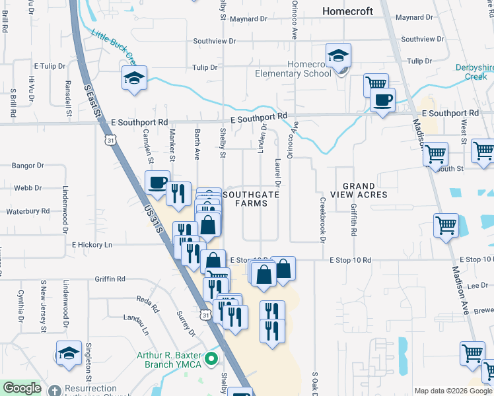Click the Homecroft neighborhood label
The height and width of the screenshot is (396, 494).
click(x=347, y=11)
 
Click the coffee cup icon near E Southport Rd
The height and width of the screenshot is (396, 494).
click(x=382, y=101)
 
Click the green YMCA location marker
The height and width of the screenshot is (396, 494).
click(x=211, y=359)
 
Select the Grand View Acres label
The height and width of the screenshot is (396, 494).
click(x=358, y=190)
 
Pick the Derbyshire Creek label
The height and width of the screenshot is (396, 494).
click(x=474, y=72)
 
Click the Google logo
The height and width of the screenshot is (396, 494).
click(x=21, y=388)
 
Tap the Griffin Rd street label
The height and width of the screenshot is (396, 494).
click(x=110, y=279)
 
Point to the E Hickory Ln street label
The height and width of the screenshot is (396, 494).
click(x=92, y=245)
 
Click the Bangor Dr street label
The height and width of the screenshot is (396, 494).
click(x=30, y=166)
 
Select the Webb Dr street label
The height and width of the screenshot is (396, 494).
click(x=28, y=188)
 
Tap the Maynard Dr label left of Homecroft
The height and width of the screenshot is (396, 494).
click(x=248, y=19)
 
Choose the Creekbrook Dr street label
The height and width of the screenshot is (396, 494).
click(x=323, y=220)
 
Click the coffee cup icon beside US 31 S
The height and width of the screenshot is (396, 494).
click(x=158, y=182)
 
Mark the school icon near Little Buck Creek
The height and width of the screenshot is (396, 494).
click(x=133, y=78)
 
